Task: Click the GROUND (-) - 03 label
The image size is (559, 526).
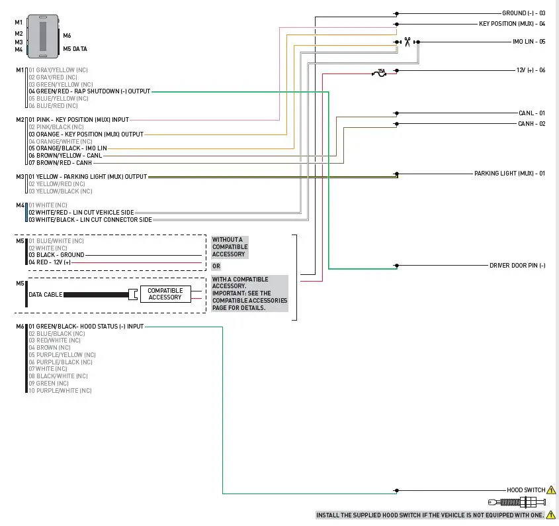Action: pos(523,13)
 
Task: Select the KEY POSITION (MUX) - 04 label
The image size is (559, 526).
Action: pos(512,24)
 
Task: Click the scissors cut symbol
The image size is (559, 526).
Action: pos(408,42)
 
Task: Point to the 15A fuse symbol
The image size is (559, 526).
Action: pos(380,71)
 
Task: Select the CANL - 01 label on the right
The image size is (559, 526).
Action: pos(532,113)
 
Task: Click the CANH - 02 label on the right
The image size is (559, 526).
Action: pos(532,124)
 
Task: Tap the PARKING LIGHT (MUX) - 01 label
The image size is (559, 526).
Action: pos(509,174)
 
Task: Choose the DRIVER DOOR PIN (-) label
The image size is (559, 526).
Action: pos(517,266)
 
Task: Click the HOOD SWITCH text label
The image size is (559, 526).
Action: pos(526,491)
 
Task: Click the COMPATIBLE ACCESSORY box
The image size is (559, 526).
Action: pos(165,294)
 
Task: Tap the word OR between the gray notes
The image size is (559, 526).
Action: pos(216,266)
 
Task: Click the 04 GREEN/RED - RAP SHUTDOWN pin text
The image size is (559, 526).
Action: pos(89,91)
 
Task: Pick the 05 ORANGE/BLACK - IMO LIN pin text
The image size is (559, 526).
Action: pos(67,148)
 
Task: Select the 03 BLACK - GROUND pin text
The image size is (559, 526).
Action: pos(56,254)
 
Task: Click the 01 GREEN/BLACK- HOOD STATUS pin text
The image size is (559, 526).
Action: pos(85,327)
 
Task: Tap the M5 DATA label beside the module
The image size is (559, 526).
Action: pos(75,49)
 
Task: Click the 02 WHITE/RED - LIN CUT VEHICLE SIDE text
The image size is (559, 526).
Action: pos(81,213)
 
